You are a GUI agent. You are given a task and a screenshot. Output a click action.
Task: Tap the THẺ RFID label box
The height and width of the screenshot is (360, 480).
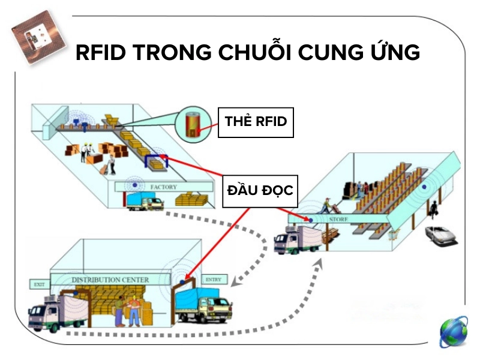[x=256, y=121]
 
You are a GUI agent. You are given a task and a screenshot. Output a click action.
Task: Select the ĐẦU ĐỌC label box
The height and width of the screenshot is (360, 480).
[x=260, y=190]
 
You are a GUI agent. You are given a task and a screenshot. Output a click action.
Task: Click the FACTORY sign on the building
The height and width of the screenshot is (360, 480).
[x=163, y=187]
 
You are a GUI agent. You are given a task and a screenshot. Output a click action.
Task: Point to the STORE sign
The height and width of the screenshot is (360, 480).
[x=334, y=220]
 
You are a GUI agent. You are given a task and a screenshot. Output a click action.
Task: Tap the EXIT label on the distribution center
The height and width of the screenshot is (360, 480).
[x=40, y=284]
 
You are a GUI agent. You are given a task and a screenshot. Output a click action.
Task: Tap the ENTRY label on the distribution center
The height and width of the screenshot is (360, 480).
[x=213, y=280]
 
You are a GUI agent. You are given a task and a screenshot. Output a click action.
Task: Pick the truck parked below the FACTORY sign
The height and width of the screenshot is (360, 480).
[x=144, y=200]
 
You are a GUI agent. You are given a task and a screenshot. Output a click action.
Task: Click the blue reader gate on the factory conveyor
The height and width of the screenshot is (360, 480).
[x=155, y=160]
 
